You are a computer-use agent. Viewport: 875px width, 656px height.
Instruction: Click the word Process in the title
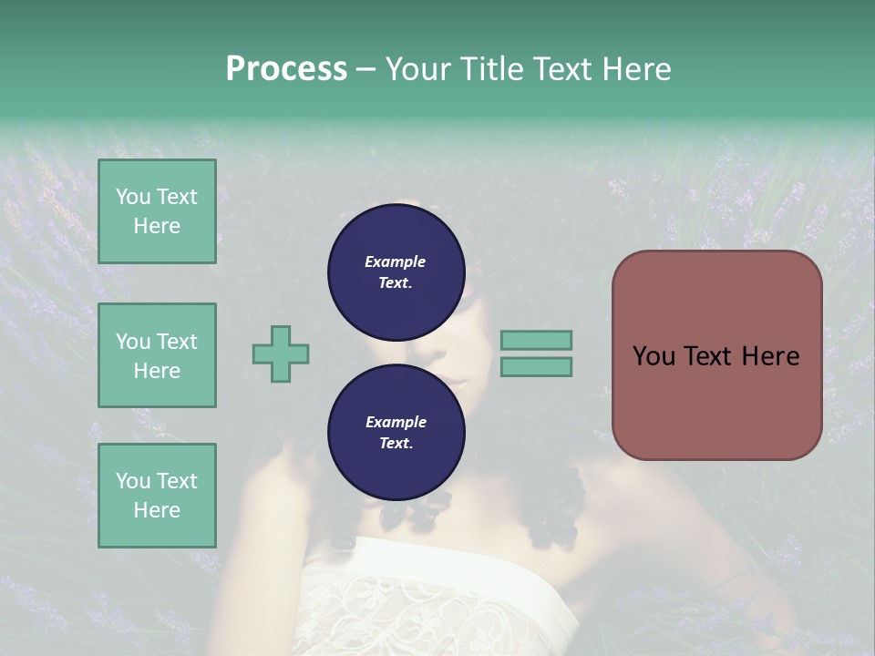pyautogui.click(x=286, y=69)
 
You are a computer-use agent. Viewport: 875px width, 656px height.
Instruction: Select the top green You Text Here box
pyautogui.click(x=157, y=211)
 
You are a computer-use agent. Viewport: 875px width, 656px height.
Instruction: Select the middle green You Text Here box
pyautogui.click(x=157, y=355)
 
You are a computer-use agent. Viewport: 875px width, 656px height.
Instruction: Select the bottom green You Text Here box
pyautogui.click(x=157, y=496)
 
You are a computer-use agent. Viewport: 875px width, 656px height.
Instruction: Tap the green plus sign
pyautogui.click(x=281, y=354)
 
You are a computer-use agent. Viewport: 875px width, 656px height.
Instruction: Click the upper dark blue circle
pyautogui.click(x=396, y=272)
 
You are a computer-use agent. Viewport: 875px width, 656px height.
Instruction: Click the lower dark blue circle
pyautogui.click(x=396, y=432)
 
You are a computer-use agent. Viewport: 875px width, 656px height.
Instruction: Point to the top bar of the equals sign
pyautogui.click(x=536, y=340)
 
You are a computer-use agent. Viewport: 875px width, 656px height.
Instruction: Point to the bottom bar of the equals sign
pyautogui.click(x=536, y=366)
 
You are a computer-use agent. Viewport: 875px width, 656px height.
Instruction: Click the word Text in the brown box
pyautogui.click(x=711, y=356)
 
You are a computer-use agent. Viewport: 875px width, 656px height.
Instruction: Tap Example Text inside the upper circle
pyautogui.click(x=396, y=272)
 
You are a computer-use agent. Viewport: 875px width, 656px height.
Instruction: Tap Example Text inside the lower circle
pyautogui.click(x=396, y=432)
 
